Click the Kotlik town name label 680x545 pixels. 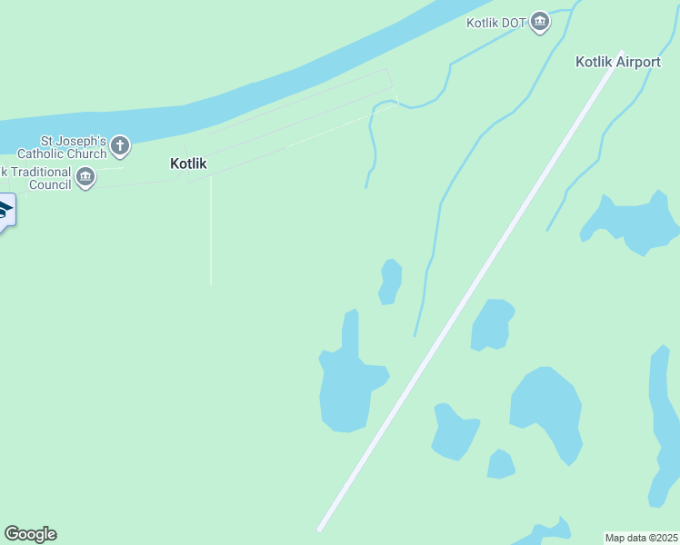[x=189, y=164]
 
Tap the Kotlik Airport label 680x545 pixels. [x=618, y=62]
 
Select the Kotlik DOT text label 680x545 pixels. [x=495, y=22]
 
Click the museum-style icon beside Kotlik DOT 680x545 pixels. [x=541, y=22]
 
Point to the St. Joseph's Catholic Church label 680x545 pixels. [x=74, y=147]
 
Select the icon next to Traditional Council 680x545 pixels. [x=85, y=177]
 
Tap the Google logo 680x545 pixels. [x=30, y=534]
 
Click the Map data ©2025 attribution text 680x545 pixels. [x=642, y=538]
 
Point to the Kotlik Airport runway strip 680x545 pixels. [x=470, y=290]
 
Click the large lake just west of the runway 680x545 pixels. [x=346, y=391]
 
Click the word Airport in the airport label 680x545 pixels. [x=638, y=62]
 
